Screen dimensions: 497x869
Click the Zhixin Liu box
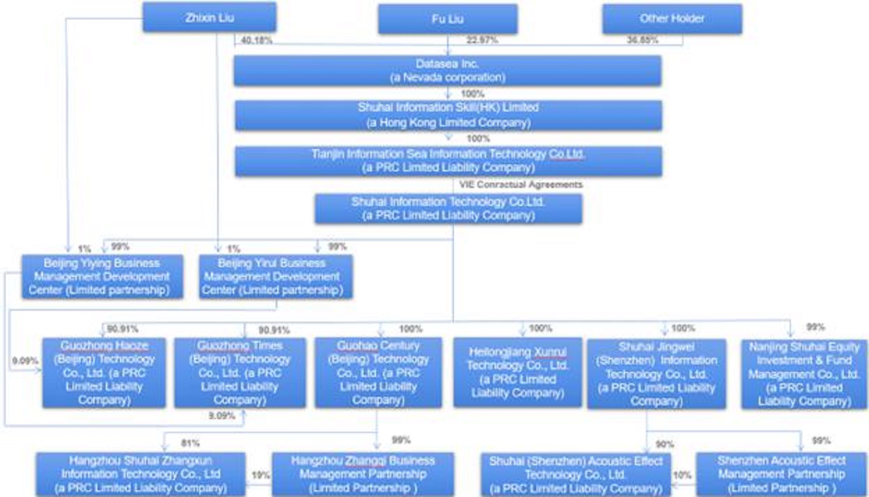tap(209, 17)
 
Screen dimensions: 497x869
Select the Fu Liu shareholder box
tap(448, 19)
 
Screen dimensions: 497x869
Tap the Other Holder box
tap(672, 19)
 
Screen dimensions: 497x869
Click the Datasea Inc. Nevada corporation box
tap(448, 71)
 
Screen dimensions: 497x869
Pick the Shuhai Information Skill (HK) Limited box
tap(448, 115)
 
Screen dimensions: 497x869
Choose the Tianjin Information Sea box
tap(448, 161)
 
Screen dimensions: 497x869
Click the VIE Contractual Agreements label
tap(520, 185)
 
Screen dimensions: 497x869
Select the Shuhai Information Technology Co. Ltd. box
tap(448, 209)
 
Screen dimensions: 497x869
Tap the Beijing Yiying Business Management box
tap(102, 277)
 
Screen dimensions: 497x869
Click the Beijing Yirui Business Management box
tap(276, 277)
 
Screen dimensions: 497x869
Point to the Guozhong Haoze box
tap(104, 372)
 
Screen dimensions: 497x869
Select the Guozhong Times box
tap(240, 372)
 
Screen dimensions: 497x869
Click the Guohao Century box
tap(378, 372)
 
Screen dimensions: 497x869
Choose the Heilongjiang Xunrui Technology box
tap(518, 372)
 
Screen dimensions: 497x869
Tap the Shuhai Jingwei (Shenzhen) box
tap(656, 373)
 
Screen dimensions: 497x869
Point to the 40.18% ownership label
tap(256, 41)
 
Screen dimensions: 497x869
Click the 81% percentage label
tap(190, 443)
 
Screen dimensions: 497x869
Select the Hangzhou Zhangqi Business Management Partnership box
tap(363, 474)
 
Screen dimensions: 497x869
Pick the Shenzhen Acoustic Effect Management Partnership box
tap(781, 474)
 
